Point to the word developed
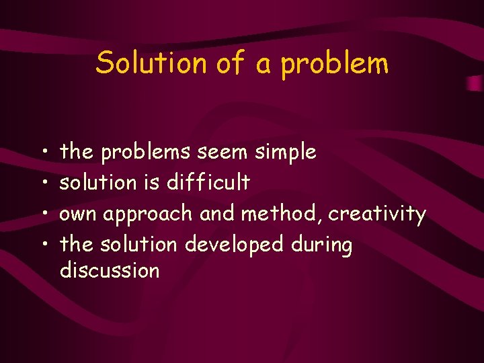tap(234, 245)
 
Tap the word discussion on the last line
tap(110, 271)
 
